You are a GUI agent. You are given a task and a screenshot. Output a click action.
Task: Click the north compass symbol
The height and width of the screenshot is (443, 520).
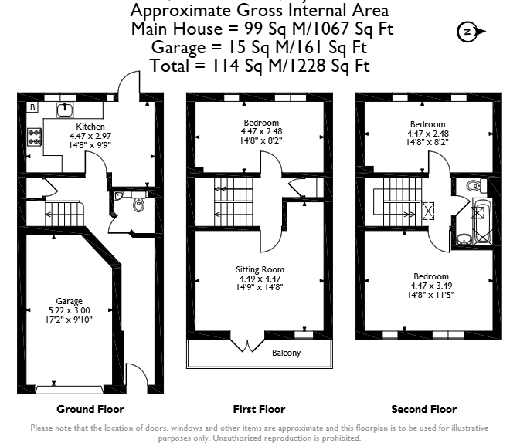point(471,32)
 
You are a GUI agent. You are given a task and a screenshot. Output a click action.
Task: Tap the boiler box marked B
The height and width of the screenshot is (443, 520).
point(32,107)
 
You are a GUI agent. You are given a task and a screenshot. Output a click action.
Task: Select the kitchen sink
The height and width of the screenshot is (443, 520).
point(65,110)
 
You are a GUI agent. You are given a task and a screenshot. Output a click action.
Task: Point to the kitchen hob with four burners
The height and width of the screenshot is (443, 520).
point(35,137)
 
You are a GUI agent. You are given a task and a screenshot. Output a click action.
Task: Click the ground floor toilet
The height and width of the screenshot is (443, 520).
point(139,204)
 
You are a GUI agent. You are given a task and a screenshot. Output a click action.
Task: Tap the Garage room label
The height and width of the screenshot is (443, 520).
point(69,301)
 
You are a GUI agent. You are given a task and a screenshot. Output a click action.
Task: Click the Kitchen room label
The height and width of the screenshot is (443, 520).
point(90,127)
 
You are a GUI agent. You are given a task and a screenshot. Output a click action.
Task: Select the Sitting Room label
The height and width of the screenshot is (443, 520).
point(260,269)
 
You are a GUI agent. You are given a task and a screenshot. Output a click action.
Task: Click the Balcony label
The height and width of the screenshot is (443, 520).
point(286,353)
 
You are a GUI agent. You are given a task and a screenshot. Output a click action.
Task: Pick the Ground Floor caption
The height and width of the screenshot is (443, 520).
point(90,409)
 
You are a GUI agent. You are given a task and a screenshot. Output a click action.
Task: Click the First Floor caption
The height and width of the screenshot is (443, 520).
point(259,409)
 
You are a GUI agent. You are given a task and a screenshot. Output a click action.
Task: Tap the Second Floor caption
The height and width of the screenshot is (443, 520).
point(424,409)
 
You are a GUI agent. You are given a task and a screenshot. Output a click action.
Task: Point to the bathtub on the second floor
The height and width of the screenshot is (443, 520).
point(482,221)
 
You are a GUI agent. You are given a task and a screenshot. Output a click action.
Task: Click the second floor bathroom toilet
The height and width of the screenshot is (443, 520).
point(477,185)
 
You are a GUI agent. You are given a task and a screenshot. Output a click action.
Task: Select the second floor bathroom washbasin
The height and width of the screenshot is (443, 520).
point(464,239)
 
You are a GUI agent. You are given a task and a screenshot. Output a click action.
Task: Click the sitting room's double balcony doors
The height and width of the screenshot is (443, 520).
point(248,342)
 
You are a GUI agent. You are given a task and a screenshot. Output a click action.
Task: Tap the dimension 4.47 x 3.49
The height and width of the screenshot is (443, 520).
point(431,286)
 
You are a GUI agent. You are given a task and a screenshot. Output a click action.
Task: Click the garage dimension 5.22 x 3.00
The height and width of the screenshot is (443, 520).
point(69,310)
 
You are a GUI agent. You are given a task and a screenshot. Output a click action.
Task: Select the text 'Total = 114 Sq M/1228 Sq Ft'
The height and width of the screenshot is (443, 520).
point(260,66)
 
